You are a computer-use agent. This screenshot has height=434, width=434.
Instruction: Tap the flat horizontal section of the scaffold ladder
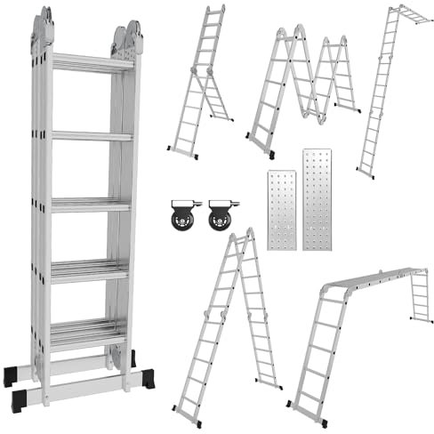pos(374,277)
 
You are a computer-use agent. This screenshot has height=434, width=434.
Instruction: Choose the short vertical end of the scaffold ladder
pos(420,295)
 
